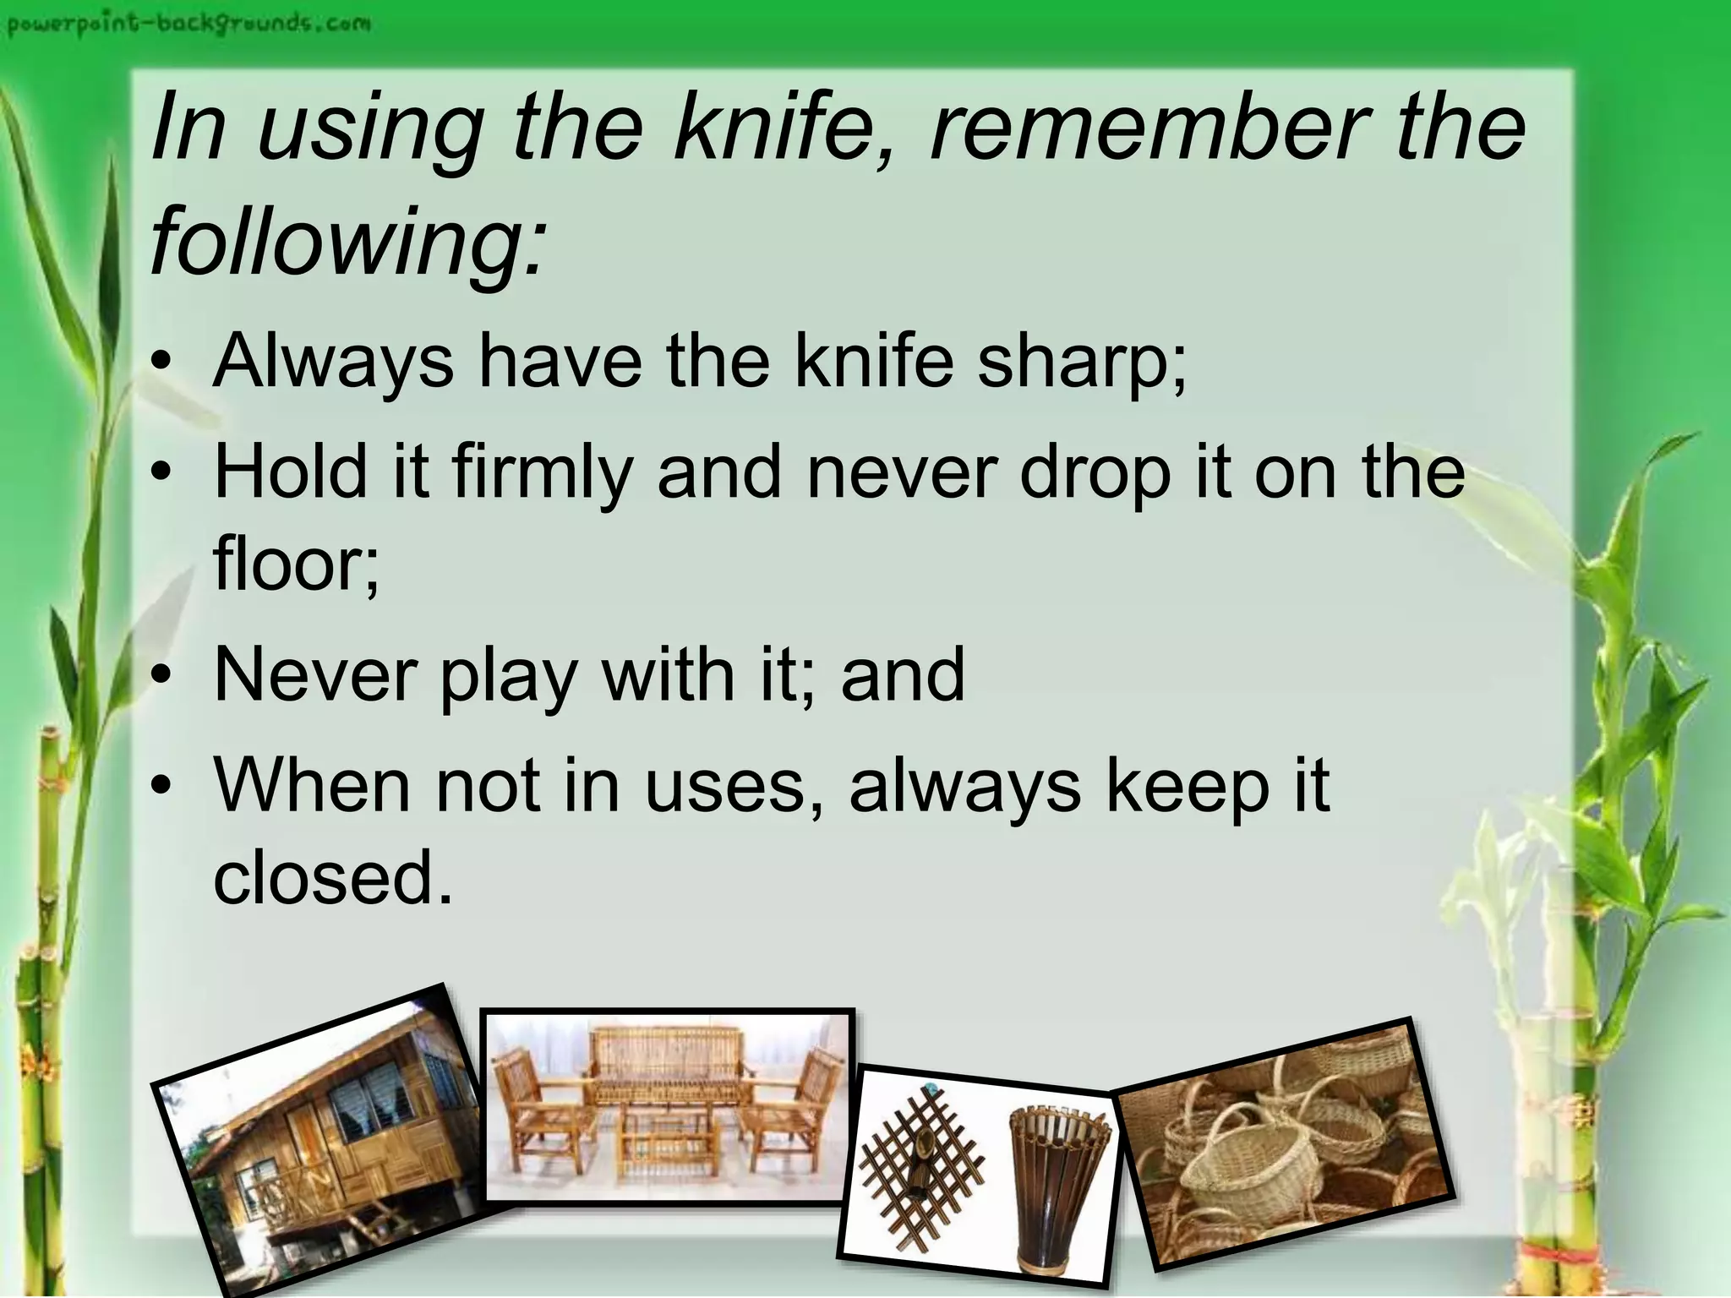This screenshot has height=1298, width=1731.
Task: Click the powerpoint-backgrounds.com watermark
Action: (188, 23)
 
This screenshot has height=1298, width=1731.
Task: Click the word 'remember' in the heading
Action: (1146, 128)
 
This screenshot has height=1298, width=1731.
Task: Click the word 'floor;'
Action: (296, 564)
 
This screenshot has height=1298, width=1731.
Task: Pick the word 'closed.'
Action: (333, 879)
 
